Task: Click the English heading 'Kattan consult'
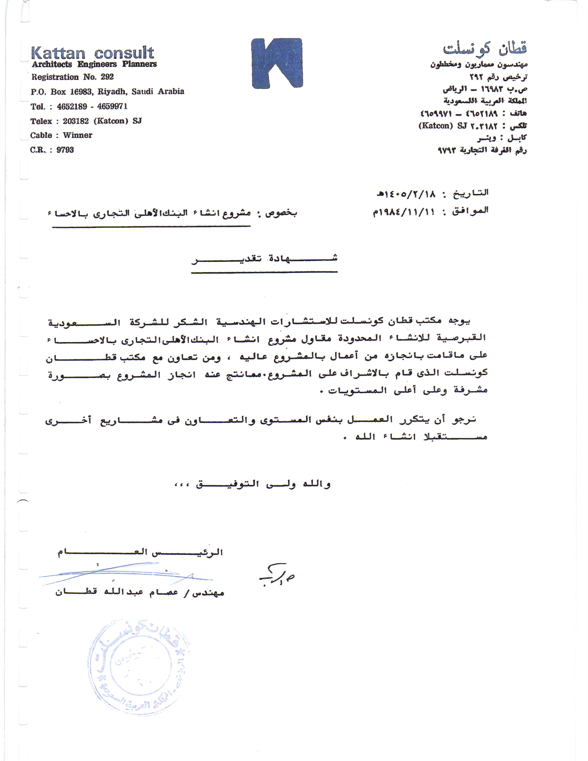click(92, 53)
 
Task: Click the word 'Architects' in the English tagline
click(52, 64)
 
